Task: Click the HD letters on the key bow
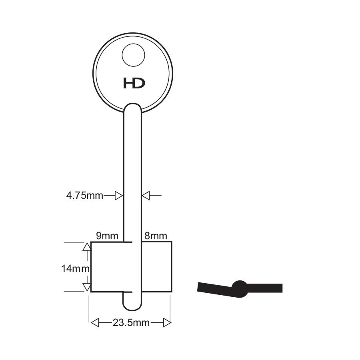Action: (134, 83)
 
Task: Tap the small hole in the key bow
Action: (133, 55)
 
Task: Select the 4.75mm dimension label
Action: (85, 196)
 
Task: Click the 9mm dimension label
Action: (107, 236)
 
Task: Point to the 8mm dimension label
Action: (156, 236)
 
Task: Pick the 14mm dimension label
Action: (75, 268)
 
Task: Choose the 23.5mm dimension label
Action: (131, 323)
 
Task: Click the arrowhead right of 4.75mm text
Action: (119, 196)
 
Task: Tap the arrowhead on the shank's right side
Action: (146, 196)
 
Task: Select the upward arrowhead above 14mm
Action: (87, 246)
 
